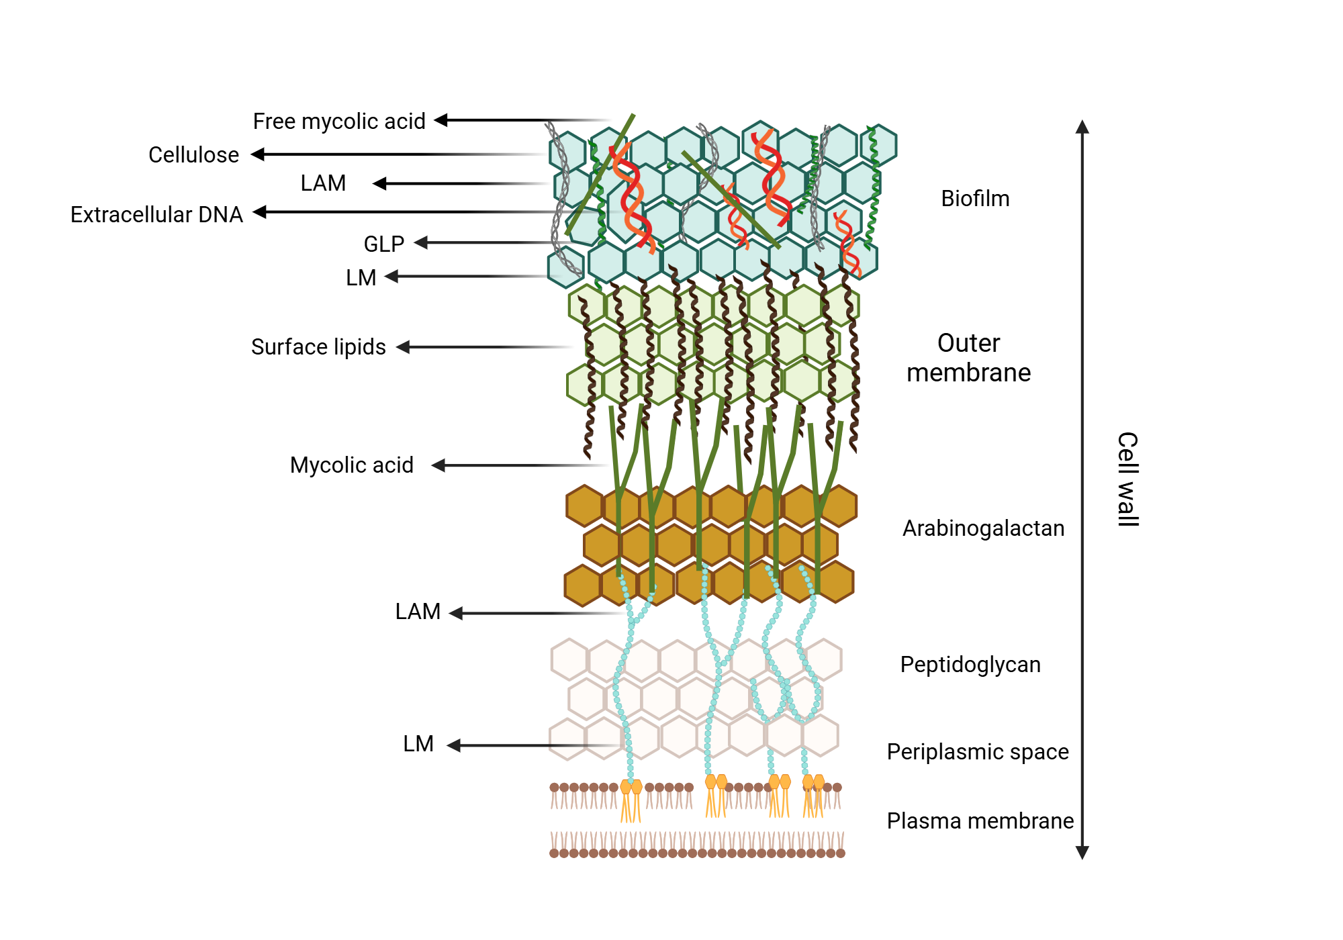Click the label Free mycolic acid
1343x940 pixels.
click(x=339, y=122)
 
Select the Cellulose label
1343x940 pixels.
click(x=193, y=155)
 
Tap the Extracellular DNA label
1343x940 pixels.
click(x=156, y=215)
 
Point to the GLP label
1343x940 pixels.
click(x=383, y=244)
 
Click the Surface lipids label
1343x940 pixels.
click(x=318, y=347)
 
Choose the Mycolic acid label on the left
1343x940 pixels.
click(x=351, y=465)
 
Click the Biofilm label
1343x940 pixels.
click(x=975, y=199)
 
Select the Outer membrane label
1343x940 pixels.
click(x=968, y=358)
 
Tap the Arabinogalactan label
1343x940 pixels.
click(x=983, y=528)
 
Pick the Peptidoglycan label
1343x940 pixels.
click(x=970, y=665)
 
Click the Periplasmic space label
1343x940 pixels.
click(x=977, y=752)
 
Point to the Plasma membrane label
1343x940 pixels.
click(x=980, y=821)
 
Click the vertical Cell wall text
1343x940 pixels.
click(x=1127, y=479)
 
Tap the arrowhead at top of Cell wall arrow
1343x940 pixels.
click(x=1082, y=127)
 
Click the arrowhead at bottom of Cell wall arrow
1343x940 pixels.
click(x=1082, y=853)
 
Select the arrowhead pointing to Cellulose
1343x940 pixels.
click(x=258, y=154)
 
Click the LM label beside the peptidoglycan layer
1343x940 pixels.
click(x=418, y=744)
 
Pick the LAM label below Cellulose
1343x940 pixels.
click(x=323, y=183)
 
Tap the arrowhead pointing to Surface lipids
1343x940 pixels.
click(x=403, y=347)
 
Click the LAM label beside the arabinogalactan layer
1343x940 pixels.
click(x=418, y=612)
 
